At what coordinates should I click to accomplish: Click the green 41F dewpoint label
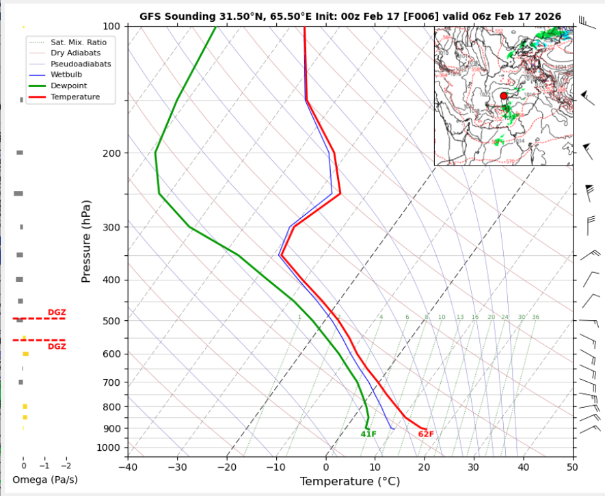(368, 434)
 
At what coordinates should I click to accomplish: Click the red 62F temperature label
(426, 434)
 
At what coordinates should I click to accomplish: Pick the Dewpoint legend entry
(68, 86)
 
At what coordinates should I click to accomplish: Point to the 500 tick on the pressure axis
(111, 321)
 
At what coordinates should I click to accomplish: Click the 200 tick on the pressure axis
(111, 153)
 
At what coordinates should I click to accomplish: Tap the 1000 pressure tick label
(108, 448)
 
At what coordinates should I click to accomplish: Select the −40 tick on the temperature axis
(127, 467)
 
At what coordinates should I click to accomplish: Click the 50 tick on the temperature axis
(572, 467)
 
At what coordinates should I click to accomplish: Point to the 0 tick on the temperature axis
(326, 467)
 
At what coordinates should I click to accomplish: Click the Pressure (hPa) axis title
(86, 242)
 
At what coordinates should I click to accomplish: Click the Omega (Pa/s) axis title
(45, 480)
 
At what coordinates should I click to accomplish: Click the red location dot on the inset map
(504, 96)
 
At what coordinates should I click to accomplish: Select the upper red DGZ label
(57, 313)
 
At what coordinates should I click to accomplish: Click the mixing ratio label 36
(535, 317)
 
